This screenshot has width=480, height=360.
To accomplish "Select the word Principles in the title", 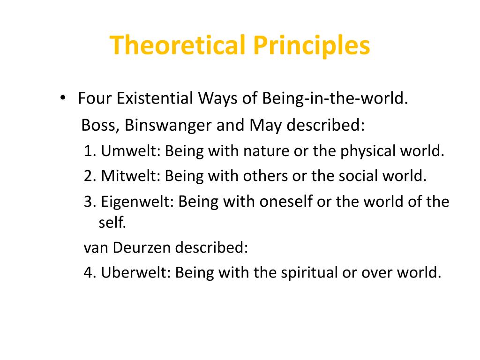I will [312, 45].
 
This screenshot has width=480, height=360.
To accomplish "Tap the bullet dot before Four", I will [63, 99].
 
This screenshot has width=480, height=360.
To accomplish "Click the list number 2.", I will [89, 176].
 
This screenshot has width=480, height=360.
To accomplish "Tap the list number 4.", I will [89, 272].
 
